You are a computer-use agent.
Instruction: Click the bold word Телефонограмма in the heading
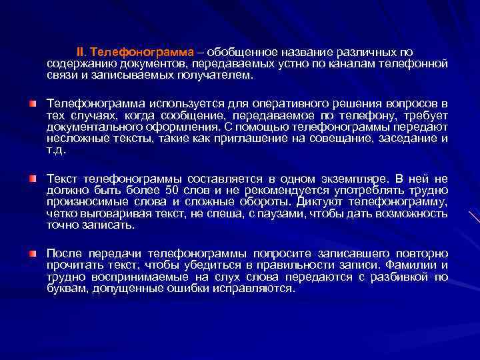tap(141, 53)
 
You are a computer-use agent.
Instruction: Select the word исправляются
tap(254, 289)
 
